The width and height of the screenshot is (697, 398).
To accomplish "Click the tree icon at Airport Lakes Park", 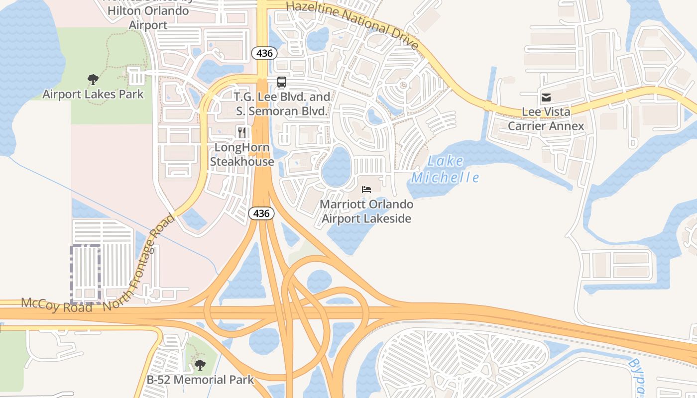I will [93, 79].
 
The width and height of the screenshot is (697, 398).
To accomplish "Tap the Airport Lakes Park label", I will [93, 94].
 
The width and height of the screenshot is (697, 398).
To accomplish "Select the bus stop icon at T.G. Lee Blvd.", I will [282, 82].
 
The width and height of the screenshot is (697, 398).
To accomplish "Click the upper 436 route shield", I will [264, 53].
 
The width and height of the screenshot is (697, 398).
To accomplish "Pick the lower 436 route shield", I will [261, 213].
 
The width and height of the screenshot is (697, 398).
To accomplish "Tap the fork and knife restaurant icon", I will [242, 132].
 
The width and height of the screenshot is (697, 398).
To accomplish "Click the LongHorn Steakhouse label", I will [242, 154].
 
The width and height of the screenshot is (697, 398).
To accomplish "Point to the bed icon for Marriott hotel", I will [366, 190].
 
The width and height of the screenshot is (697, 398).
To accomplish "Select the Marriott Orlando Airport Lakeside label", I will [366, 211].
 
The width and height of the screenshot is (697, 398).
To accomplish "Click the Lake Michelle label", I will [445, 169].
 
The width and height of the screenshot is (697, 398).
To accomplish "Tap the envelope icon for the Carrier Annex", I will [546, 98].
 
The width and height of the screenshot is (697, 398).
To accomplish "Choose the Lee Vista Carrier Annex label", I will [546, 119].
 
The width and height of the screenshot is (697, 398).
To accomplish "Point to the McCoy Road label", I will [57, 305].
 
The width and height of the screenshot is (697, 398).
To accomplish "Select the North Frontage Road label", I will [139, 264].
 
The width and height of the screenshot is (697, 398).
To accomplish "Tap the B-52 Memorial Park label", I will [200, 380].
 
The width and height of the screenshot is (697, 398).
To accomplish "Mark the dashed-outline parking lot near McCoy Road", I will [86, 274].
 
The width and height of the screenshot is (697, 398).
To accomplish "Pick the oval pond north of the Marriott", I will [337, 167].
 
